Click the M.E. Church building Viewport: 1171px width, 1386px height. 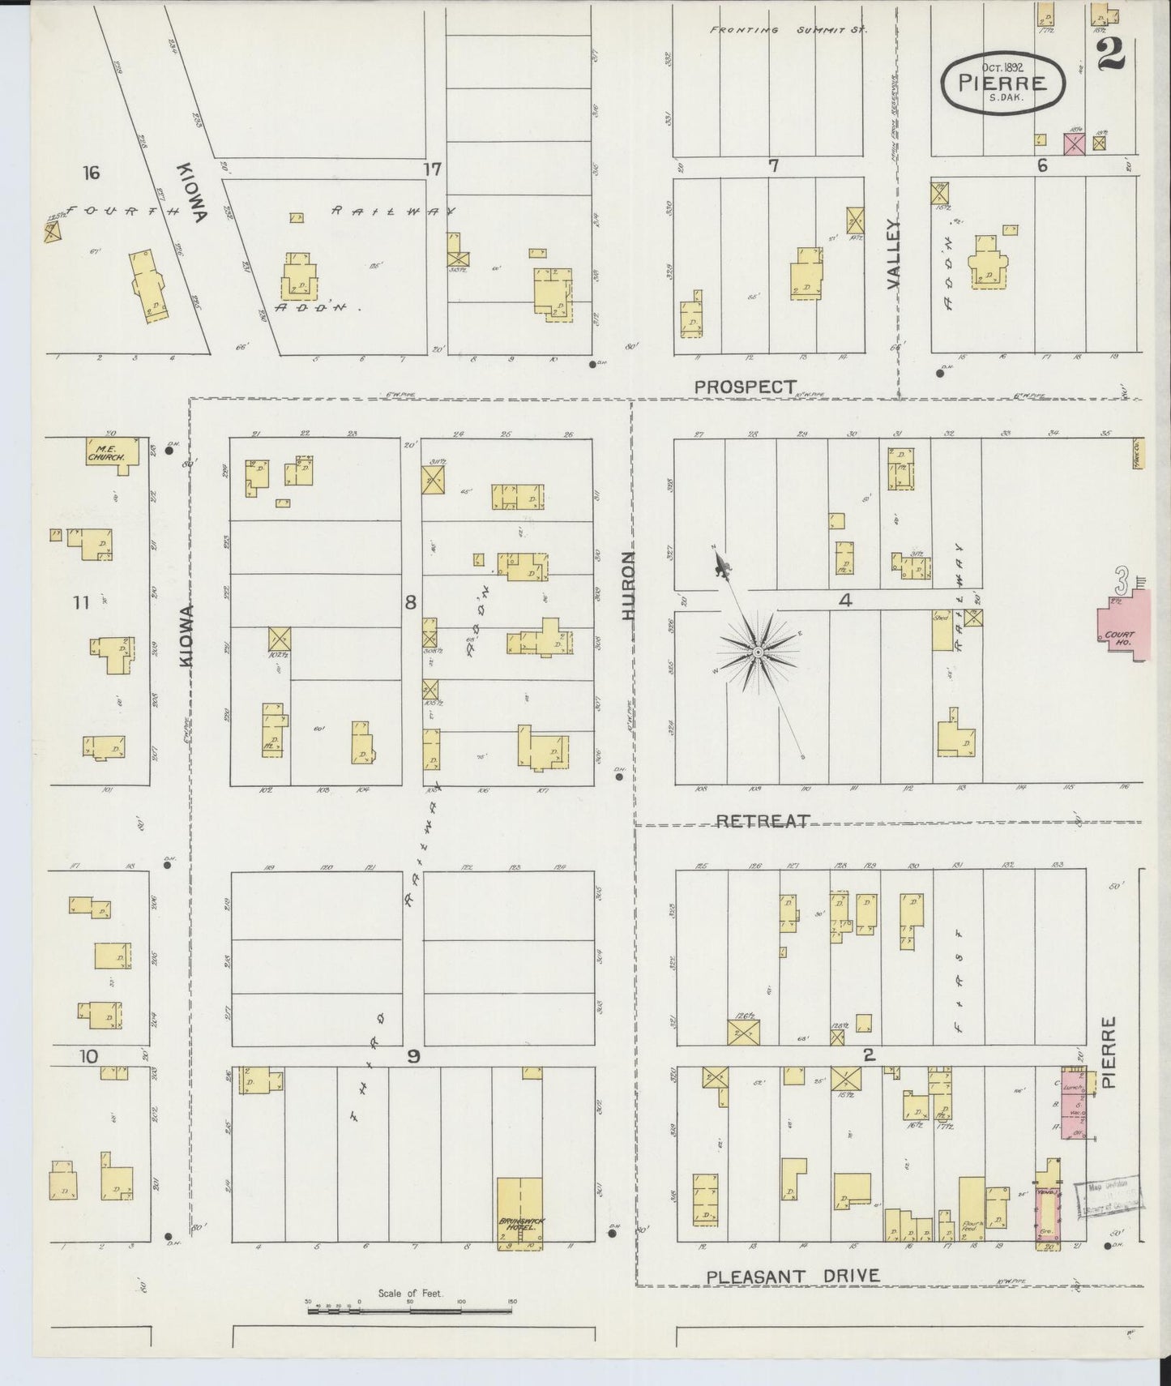tap(109, 451)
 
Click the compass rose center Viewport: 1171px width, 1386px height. tap(757, 652)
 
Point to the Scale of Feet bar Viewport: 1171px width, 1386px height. tap(411, 1309)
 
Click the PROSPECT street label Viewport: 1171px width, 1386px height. tap(745, 387)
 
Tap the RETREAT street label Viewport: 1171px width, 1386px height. tap(763, 821)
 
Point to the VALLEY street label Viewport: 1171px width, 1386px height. tap(894, 254)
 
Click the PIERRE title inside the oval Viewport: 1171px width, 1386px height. tap(1002, 83)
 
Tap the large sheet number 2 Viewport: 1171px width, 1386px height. tap(1110, 54)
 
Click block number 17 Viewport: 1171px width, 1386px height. tap(433, 169)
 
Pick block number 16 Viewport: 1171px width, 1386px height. tap(91, 173)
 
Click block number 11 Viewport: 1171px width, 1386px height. tap(79, 602)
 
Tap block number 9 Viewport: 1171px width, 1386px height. tap(413, 1056)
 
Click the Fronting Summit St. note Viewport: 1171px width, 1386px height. tap(788, 30)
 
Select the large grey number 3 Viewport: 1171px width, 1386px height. tap(1122, 581)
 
